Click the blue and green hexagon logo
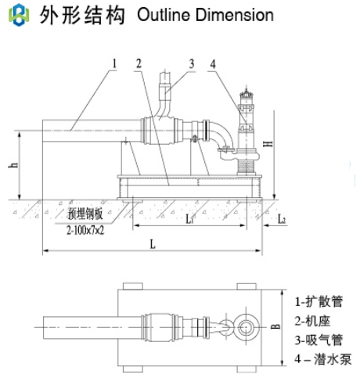point(19,15)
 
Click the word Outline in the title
point(164,15)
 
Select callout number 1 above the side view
point(114,63)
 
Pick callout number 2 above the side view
point(139,63)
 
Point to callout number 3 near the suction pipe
point(192,63)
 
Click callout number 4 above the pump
point(213,63)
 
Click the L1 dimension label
point(189,219)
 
